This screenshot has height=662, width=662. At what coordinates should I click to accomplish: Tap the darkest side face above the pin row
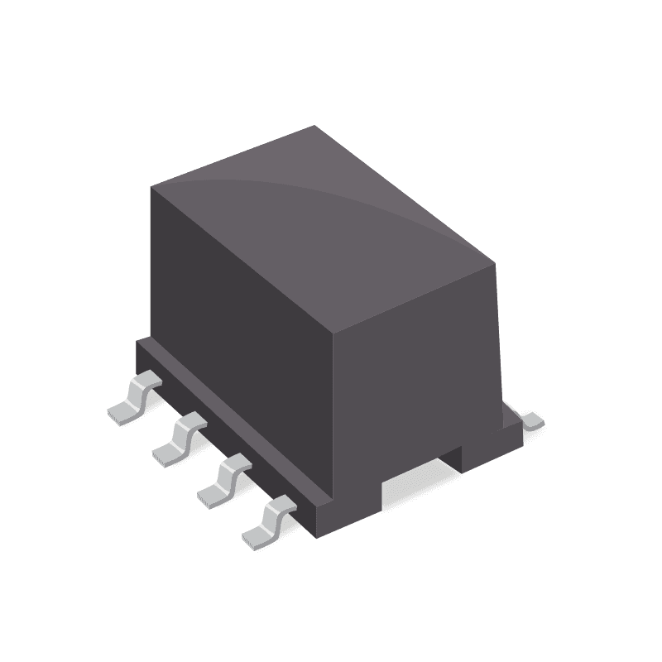pos(240,331)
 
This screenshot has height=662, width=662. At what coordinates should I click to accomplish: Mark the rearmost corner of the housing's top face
pos(315,127)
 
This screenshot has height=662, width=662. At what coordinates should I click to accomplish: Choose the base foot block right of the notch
pos(488,447)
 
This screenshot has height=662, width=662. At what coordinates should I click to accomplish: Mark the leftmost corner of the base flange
pos(137,342)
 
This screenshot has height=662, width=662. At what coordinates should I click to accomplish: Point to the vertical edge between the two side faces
pos(331,414)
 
